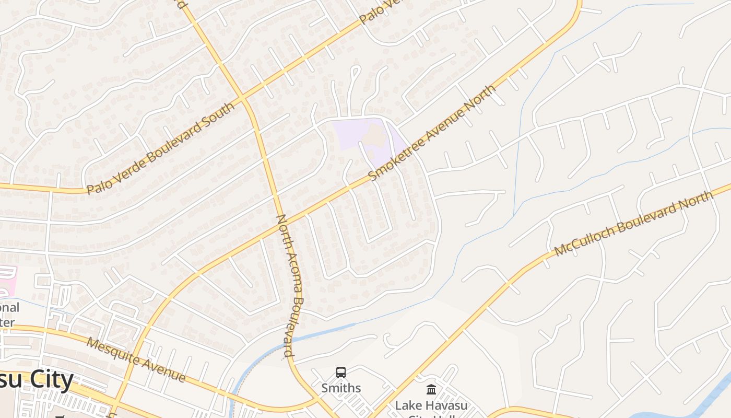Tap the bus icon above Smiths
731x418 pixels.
341,373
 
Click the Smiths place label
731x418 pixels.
341,388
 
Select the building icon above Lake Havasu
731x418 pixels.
431,389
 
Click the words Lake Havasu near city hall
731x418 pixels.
431,405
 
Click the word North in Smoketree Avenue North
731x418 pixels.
477,102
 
